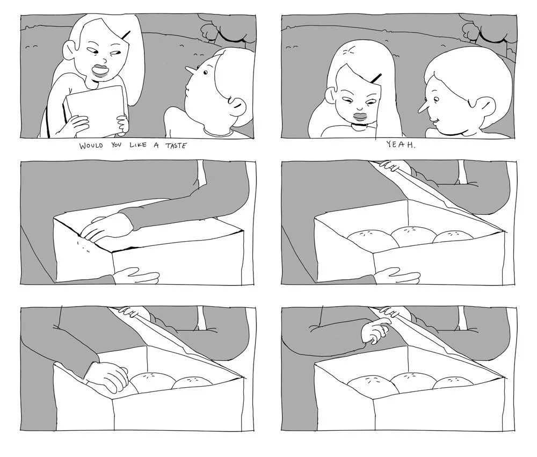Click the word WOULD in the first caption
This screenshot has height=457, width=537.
[91, 146]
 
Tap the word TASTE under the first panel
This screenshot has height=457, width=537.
[176, 146]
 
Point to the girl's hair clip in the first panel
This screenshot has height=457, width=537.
[126, 34]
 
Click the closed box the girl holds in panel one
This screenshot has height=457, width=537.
[94, 106]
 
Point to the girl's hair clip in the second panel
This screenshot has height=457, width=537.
[376, 78]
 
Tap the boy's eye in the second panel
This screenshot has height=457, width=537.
[436, 99]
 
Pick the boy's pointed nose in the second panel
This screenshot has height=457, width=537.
[423, 108]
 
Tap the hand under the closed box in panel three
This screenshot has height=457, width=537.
[136, 275]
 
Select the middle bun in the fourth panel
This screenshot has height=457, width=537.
[412, 236]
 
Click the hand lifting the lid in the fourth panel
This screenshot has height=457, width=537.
[394, 166]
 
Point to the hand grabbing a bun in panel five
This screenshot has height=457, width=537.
[106, 376]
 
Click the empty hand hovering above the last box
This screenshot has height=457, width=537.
[375, 330]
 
